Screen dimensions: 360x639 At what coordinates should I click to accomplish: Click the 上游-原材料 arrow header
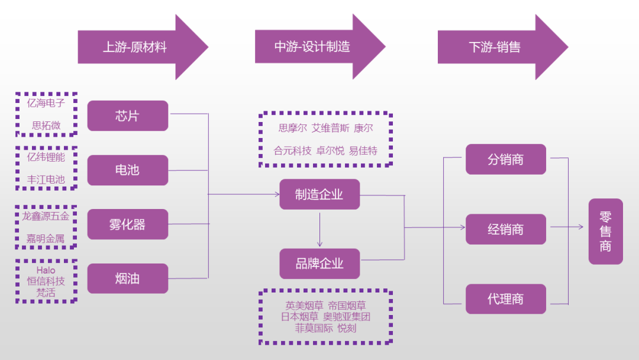(x=135, y=47)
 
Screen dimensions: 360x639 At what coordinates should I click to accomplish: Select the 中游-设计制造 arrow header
(x=312, y=47)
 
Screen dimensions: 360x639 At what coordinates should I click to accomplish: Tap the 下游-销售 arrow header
(x=495, y=47)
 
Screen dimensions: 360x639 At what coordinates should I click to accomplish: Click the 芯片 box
(x=127, y=115)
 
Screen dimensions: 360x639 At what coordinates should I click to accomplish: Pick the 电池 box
(x=127, y=170)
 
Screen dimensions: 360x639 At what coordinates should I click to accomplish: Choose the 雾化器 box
(x=127, y=224)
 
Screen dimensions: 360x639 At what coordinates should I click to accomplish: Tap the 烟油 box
(x=127, y=278)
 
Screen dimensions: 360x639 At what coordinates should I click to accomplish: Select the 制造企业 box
(x=319, y=194)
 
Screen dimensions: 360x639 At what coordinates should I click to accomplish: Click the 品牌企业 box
(x=319, y=263)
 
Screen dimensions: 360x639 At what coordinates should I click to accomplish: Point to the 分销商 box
(x=505, y=159)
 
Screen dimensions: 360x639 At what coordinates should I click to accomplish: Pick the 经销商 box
(x=505, y=229)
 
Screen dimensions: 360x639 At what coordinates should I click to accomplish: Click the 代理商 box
(x=505, y=299)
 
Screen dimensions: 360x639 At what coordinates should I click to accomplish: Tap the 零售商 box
(x=605, y=231)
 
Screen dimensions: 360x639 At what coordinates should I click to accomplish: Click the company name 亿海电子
(x=46, y=103)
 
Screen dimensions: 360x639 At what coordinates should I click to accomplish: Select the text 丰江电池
(x=46, y=179)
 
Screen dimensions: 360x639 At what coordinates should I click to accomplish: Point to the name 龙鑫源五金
(x=46, y=216)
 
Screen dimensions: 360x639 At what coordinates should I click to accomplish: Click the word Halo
(x=46, y=271)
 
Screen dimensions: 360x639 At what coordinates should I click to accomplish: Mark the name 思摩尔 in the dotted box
(x=292, y=128)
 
